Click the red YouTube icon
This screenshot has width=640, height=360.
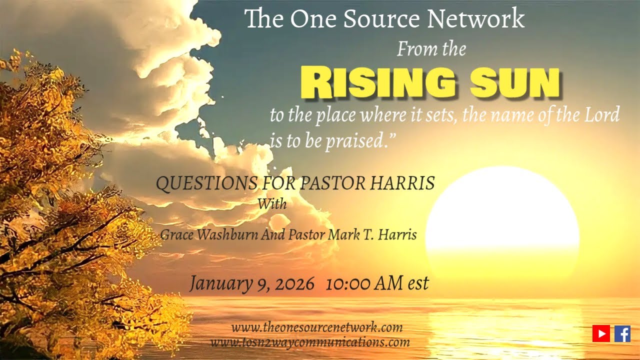point(601,333)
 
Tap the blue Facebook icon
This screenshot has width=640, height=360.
point(622,333)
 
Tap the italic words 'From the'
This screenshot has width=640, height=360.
point(431,49)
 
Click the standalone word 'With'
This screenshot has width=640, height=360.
point(272,204)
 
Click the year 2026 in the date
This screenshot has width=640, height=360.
point(294,283)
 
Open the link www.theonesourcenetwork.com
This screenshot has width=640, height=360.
point(316,328)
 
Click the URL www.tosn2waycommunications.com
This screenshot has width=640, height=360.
point(310,342)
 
